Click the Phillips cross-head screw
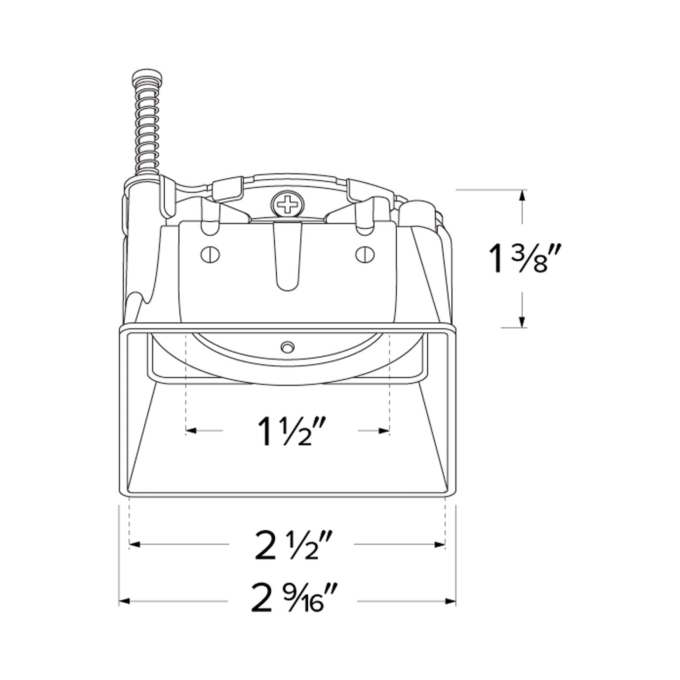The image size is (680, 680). click(x=288, y=205)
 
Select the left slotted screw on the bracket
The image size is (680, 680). click(x=210, y=255)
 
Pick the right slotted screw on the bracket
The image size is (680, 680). click(x=365, y=255)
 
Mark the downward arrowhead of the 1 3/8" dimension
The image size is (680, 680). click(x=521, y=322)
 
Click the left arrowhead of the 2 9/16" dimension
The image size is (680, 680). click(x=123, y=601)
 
